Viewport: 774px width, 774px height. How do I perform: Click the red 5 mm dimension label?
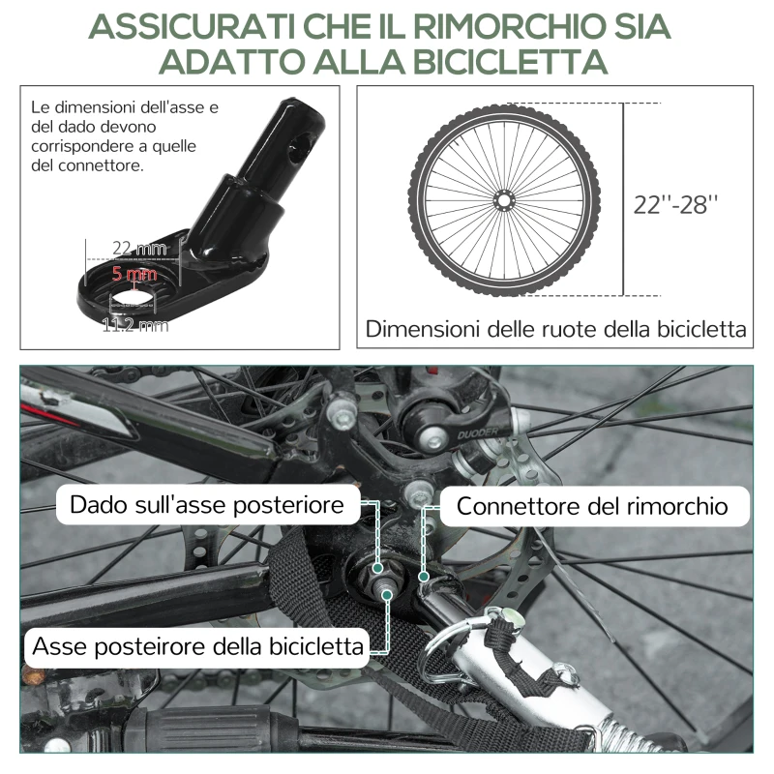click(x=134, y=275)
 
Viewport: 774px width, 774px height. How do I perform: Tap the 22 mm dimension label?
click(x=134, y=250)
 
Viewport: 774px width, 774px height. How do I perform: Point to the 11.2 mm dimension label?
click(x=134, y=325)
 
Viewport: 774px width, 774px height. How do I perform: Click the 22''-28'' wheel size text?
click(x=676, y=205)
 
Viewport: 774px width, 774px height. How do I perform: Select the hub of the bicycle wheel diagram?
click(x=503, y=200)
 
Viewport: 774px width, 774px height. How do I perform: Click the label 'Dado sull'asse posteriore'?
click(x=207, y=505)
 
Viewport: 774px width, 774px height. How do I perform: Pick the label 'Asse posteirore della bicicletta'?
click(x=199, y=645)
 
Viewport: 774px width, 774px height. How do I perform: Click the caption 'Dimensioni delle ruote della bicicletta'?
click(x=556, y=329)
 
